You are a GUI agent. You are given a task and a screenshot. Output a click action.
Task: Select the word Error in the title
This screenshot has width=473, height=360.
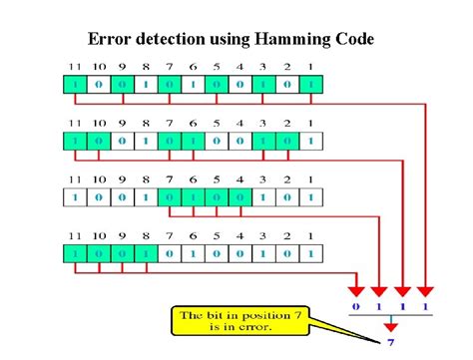pos(109,39)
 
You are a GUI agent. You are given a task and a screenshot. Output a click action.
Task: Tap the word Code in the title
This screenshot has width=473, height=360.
pos(352,39)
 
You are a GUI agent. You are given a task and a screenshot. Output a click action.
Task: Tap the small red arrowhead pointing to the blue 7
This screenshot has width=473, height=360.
pos(392,325)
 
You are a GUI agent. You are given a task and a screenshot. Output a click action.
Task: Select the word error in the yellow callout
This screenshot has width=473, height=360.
pos(267,326)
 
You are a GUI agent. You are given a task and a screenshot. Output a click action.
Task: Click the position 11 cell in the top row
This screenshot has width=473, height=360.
pos(73,86)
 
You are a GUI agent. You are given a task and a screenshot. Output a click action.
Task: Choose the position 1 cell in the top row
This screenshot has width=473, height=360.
pos(309,86)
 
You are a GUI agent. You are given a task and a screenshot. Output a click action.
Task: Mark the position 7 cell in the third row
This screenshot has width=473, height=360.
pos(168,197)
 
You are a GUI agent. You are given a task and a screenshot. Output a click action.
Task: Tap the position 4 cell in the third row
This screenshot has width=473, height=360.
pos(238,197)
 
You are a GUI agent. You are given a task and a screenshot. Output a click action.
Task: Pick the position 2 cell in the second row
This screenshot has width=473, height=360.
pos(285,142)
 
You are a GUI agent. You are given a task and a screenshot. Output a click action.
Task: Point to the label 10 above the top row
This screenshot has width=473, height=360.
pos(97,69)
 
